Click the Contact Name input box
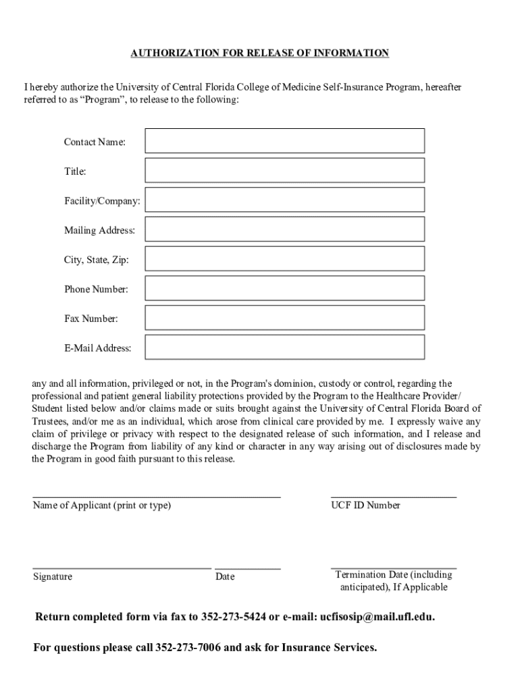click(284, 141)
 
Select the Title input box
click(284, 171)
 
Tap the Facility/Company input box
click(284, 200)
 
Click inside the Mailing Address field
click(284, 229)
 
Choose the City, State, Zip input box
click(284, 259)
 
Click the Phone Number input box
click(284, 289)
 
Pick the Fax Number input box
click(284, 318)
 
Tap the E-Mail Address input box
click(284, 348)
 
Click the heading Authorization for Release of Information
click(259, 53)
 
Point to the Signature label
click(53, 577)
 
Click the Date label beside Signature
click(225, 577)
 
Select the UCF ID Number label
click(365, 505)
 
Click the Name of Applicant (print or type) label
click(101, 505)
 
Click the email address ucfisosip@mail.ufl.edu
click(377, 617)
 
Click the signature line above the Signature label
click(122, 569)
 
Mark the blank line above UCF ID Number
click(393, 497)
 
